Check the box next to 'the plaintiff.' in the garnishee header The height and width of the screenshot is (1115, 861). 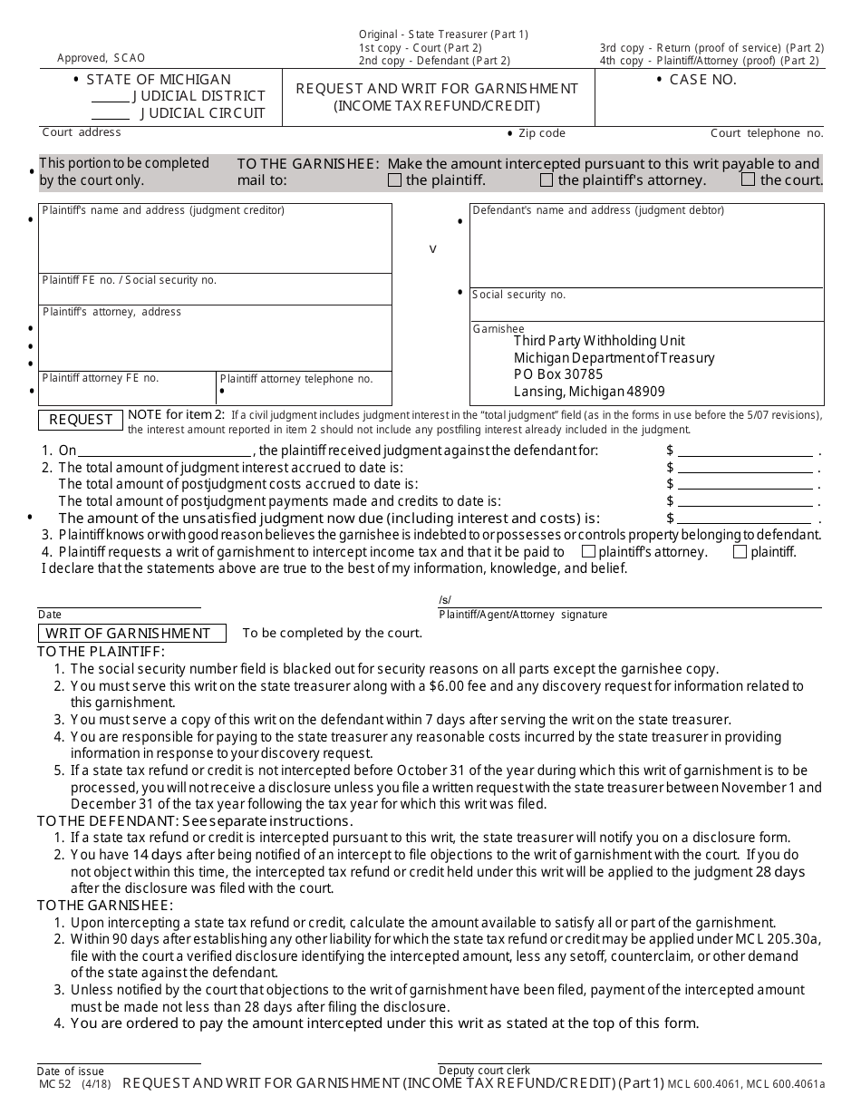tap(394, 180)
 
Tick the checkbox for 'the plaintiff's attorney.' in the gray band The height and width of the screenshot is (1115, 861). tap(547, 180)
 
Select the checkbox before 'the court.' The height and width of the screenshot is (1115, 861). tap(748, 179)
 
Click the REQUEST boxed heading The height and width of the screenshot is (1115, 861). tap(81, 420)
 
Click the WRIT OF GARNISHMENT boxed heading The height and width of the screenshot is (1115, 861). tap(128, 634)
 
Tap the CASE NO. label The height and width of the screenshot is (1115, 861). tap(702, 80)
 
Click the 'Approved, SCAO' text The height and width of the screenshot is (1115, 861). tap(101, 58)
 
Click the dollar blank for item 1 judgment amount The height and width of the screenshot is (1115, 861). tap(745, 451)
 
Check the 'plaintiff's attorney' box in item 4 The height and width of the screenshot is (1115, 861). tap(588, 551)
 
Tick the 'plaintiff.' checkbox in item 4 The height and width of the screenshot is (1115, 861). tap(740, 551)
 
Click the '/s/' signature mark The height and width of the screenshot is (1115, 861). tap(444, 600)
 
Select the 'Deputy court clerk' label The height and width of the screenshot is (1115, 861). tap(484, 1071)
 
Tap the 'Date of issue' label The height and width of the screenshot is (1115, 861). tap(71, 1071)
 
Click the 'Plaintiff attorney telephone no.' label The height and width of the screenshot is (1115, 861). tap(296, 379)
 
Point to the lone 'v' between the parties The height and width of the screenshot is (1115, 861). tap(432, 248)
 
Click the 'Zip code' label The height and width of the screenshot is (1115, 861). tap(541, 133)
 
